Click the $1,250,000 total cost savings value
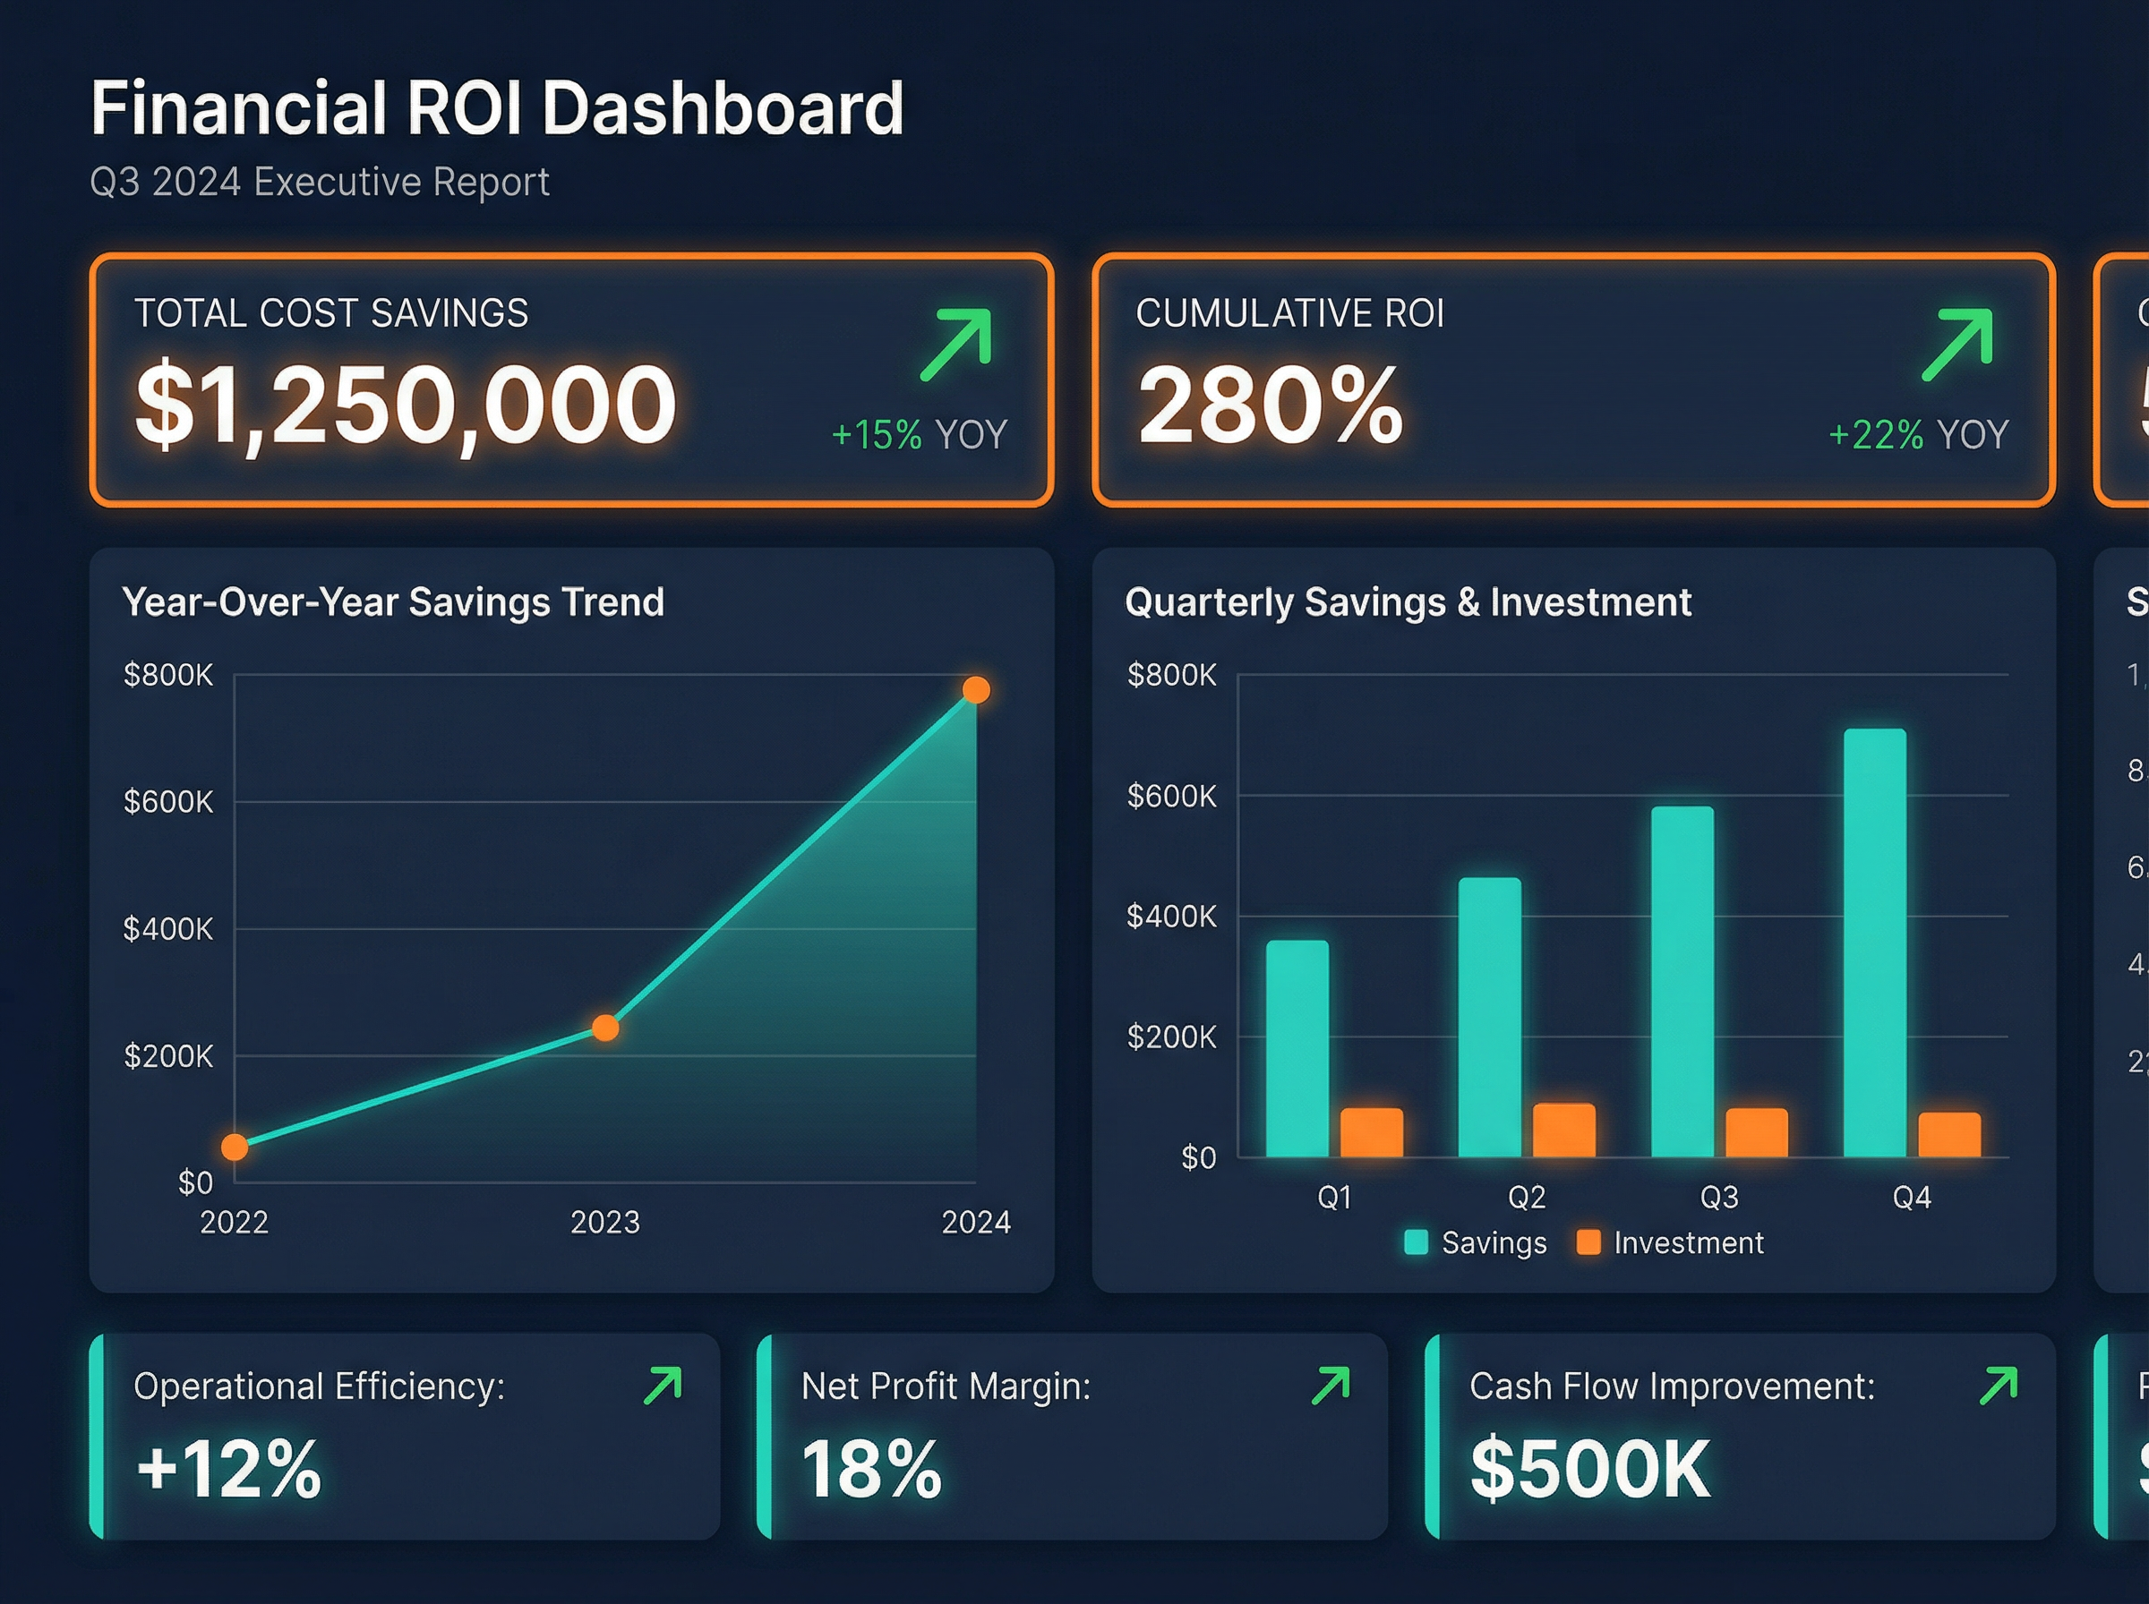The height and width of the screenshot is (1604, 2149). coord(405,404)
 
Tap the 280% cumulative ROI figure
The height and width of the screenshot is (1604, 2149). coord(1271,404)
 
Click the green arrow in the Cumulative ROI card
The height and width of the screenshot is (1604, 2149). coord(1957,344)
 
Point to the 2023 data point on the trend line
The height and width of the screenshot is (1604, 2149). coord(605,1028)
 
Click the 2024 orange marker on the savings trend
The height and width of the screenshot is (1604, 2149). coord(976,690)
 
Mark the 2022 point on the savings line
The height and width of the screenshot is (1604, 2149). coord(234,1148)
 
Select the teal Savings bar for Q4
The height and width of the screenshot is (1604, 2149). coord(1874,942)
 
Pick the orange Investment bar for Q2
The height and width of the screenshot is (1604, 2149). coord(1563,1130)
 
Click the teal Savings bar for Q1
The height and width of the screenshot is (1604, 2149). coord(1297,1049)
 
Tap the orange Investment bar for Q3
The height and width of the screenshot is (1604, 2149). coord(1756,1132)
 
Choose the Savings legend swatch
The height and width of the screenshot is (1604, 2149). coord(1416,1242)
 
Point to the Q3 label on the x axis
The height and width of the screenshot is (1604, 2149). coord(1719,1197)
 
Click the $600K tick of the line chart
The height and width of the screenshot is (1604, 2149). coord(168,802)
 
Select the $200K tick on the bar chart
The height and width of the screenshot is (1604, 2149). coord(1171,1037)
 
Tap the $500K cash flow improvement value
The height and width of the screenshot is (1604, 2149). coord(1589,1469)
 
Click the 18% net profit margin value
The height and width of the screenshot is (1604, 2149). coord(871,1469)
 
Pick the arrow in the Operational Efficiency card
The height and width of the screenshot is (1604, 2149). coord(664,1386)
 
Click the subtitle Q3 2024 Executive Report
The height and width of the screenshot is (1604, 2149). coord(320,183)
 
